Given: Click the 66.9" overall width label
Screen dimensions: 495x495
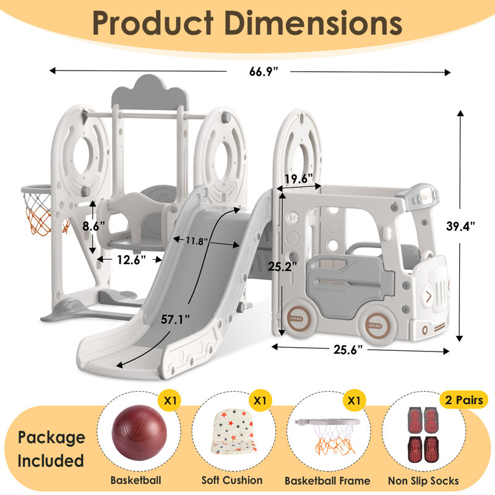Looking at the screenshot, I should pos(258,72).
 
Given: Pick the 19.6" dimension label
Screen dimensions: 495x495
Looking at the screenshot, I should pos(298,179).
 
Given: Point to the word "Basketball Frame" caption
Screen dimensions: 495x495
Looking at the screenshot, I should pos(327,480).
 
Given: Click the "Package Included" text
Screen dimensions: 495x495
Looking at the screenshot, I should pos(51,449).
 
